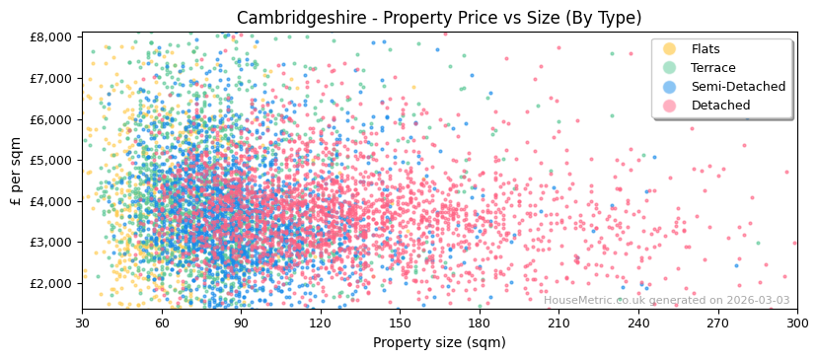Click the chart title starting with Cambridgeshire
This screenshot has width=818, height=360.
(x=438, y=18)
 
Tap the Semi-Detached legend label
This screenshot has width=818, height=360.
(x=738, y=87)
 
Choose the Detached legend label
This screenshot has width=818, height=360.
(x=720, y=106)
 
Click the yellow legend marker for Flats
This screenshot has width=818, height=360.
(x=670, y=49)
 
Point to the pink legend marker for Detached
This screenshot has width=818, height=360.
(x=670, y=106)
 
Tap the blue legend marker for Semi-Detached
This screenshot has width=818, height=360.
(x=670, y=87)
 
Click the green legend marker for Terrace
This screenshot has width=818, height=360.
(x=670, y=68)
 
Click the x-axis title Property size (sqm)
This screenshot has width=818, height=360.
(x=438, y=343)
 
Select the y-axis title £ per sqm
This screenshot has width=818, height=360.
(x=16, y=172)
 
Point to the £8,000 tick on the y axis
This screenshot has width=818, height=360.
(x=50, y=36)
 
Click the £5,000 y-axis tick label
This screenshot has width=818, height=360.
(x=50, y=160)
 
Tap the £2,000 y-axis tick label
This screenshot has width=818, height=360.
(x=50, y=283)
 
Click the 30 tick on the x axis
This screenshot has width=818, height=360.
(x=82, y=323)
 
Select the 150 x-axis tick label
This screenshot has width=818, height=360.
(x=400, y=323)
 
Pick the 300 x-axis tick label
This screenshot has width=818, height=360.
(x=796, y=323)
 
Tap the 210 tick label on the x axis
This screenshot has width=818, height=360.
(x=558, y=323)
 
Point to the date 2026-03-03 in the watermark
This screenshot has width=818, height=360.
(x=757, y=301)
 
